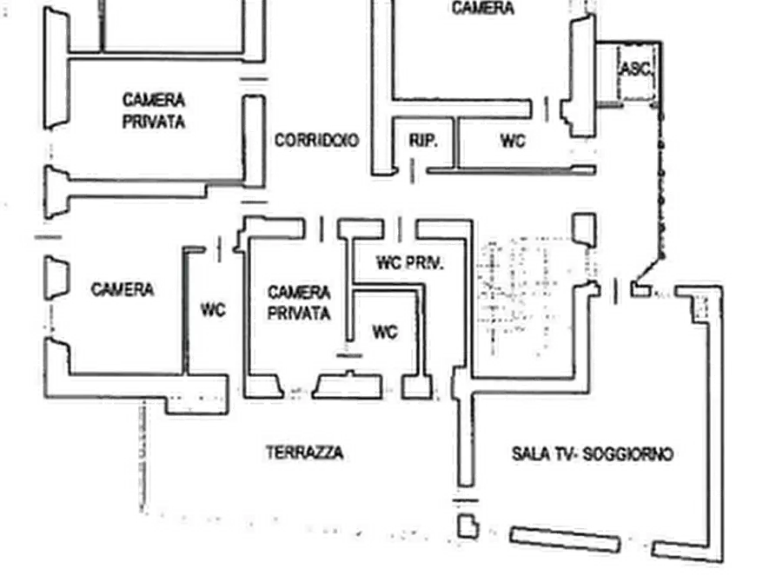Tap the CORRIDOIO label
pyautogui.click(x=316, y=140)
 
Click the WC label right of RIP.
pyautogui.click(x=513, y=140)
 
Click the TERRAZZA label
pyautogui.click(x=304, y=453)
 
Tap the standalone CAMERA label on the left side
pyautogui.click(x=122, y=289)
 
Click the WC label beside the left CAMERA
pyautogui.click(x=213, y=309)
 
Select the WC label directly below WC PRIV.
pyautogui.click(x=385, y=331)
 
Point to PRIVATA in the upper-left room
pyautogui.click(x=154, y=122)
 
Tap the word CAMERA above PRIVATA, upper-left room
pyautogui.click(x=154, y=102)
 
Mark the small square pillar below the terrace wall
pyautogui.click(x=468, y=526)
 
